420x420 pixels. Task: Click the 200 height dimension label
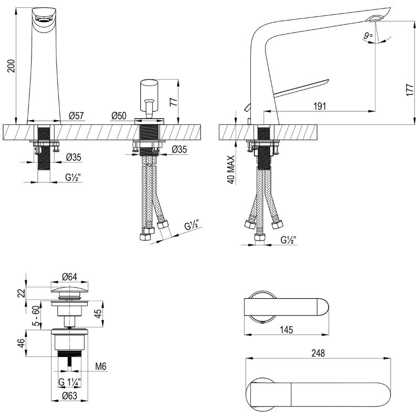click(11, 66)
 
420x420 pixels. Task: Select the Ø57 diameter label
click(76, 115)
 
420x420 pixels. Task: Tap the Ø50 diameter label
click(119, 115)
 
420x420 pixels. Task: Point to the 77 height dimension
click(174, 101)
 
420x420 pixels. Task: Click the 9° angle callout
click(368, 35)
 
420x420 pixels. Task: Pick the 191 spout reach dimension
click(320, 107)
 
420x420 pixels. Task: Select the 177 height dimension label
click(410, 90)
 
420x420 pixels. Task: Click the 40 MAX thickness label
click(231, 170)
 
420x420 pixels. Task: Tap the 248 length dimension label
click(318, 353)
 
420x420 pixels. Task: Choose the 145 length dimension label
click(287, 330)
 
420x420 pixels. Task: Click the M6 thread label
click(101, 366)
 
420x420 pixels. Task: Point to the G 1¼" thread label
click(70, 382)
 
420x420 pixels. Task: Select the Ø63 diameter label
click(70, 396)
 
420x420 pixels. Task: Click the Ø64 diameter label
click(70, 277)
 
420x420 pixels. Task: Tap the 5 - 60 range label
click(36, 316)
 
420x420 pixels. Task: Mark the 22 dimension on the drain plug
click(22, 292)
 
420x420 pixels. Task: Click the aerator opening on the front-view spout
click(43, 19)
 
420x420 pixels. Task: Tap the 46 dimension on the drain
click(22, 343)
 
